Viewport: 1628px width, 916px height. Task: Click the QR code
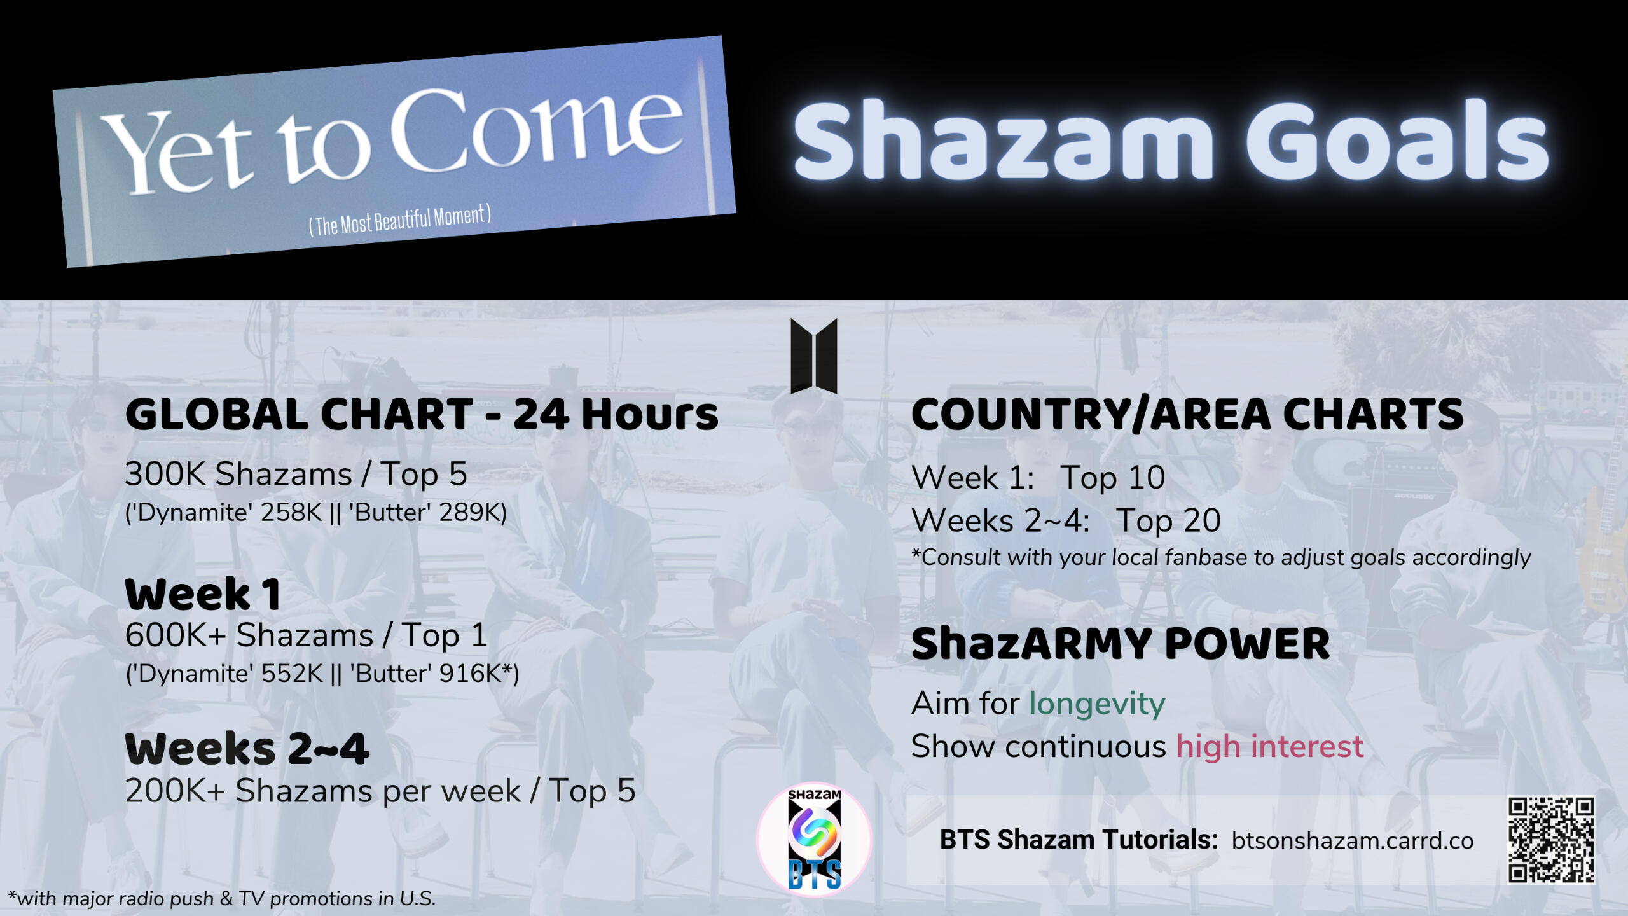(1551, 840)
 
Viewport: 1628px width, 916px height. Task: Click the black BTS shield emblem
(814, 356)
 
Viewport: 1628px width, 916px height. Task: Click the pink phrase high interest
(1270, 746)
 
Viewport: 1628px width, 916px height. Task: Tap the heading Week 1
(203, 595)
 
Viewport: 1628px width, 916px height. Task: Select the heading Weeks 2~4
(247, 749)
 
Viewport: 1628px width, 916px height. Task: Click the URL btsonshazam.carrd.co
(1353, 841)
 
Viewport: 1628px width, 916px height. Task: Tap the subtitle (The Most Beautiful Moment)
(400, 220)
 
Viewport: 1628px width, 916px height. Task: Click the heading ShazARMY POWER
(1121, 644)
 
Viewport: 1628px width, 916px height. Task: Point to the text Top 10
(1112, 477)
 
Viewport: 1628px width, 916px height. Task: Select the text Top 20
(1168, 520)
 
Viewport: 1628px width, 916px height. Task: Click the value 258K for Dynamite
(291, 513)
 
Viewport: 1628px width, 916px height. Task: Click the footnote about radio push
(222, 899)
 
